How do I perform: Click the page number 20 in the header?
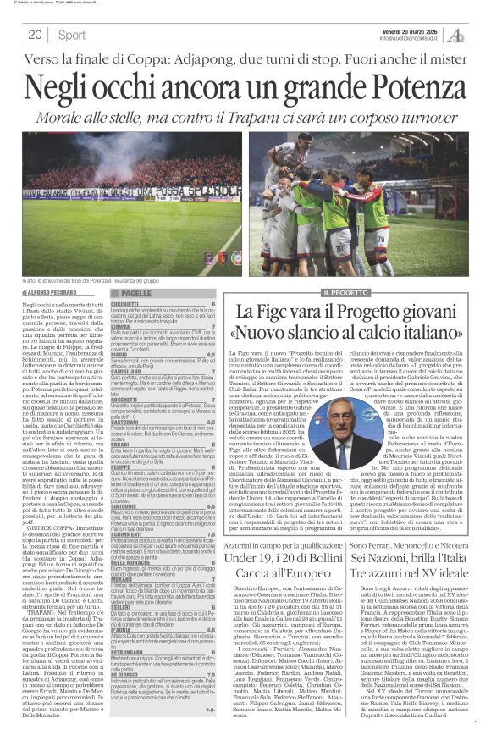pos(36,35)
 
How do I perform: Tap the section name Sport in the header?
pos(72,35)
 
